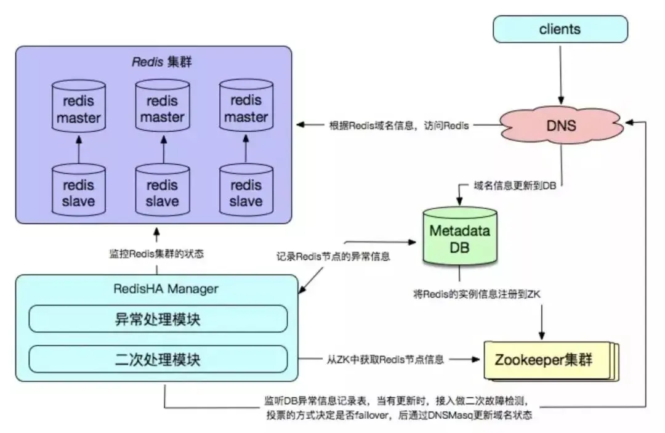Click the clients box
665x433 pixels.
click(x=560, y=29)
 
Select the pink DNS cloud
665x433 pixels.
click(x=561, y=125)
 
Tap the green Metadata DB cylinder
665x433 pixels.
click(x=459, y=238)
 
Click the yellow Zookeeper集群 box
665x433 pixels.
click(x=544, y=360)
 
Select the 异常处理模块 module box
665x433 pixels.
click(x=158, y=319)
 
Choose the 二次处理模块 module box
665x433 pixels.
click(x=158, y=359)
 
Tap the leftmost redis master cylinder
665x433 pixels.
click(x=78, y=108)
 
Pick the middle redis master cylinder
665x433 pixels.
click(x=163, y=108)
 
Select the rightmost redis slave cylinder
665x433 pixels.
click(x=246, y=191)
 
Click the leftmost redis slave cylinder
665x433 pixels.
click(x=78, y=191)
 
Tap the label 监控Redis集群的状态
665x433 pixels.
click(x=156, y=253)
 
